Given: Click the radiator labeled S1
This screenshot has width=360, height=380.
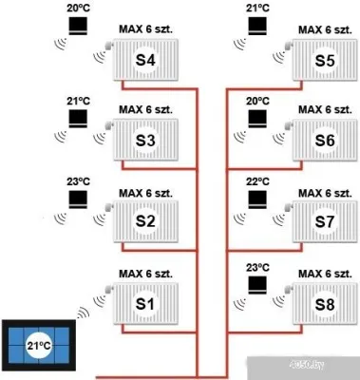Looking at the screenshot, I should coord(143,303).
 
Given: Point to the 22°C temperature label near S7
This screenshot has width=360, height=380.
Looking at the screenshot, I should coord(258,180).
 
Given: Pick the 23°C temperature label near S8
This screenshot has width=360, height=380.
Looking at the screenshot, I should coord(258,267).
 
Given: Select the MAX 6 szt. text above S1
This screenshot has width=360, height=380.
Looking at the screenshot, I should coord(143,275).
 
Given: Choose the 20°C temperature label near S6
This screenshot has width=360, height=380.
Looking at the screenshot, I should coord(258,100).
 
